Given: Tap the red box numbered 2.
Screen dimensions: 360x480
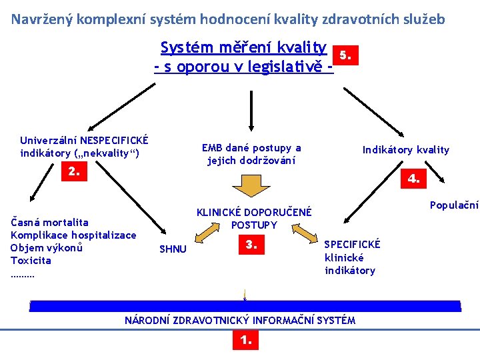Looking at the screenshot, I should (74, 172).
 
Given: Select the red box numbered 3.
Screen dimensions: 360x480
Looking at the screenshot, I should (251, 245).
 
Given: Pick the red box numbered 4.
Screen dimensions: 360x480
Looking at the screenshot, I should (413, 178).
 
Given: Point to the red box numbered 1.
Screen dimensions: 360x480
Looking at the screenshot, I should (245, 341).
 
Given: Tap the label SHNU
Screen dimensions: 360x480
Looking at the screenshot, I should (173, 249).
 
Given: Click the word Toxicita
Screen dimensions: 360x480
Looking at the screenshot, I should (31, 261).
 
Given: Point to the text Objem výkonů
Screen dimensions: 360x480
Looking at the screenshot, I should (46, 248).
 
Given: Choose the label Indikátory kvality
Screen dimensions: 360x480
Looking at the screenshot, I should (405, 150).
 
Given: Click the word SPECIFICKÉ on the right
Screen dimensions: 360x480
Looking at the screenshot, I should (352, 244).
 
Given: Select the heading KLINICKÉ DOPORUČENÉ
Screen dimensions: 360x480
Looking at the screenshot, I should (253, 213).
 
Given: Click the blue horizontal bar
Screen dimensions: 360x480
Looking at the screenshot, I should (245, 306).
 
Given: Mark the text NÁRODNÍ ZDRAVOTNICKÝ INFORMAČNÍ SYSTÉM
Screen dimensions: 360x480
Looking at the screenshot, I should (240, 321).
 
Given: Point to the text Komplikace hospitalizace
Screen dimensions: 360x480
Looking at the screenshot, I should (73, 235).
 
